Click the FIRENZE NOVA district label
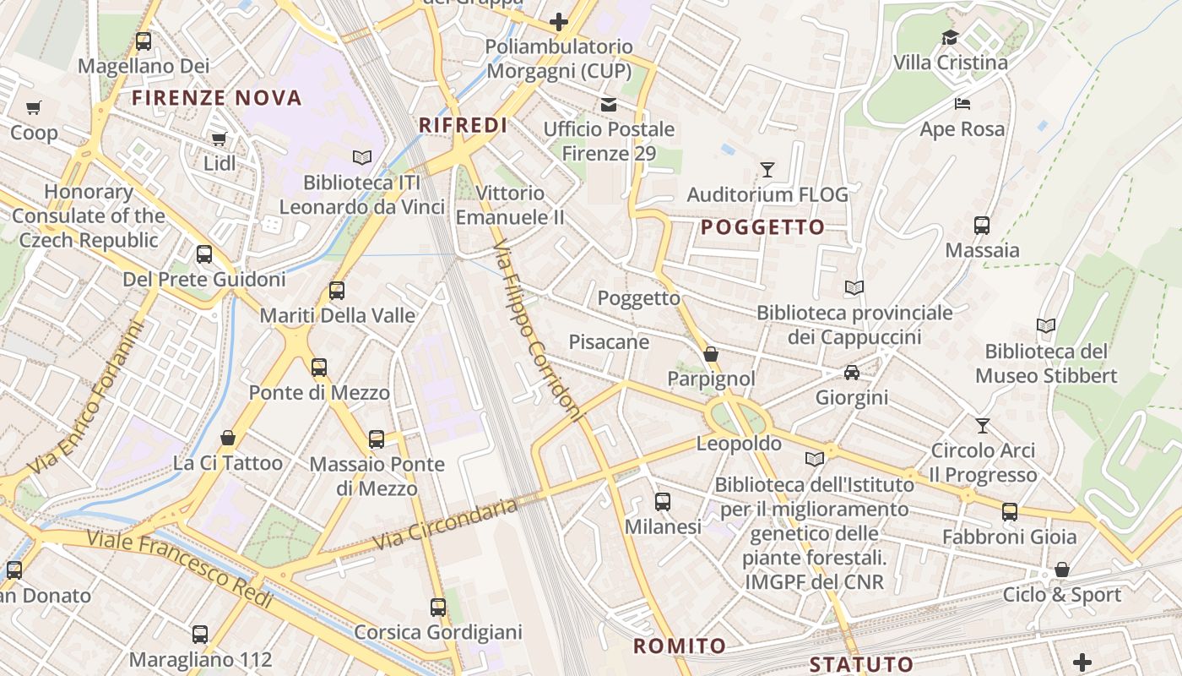(x=217, y=98)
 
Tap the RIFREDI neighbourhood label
(x=464, y=126)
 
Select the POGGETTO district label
(x=762, y=227)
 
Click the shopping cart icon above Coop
(x=33, y=107)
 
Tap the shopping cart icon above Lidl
(x=219, y=139)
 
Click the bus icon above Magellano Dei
(x=144, y=41)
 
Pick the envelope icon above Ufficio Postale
(x=608, y=105)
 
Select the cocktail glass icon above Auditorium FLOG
(x=767, y=170)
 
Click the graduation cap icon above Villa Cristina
(x=950, y=38)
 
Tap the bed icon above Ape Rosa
(x=962, y=104)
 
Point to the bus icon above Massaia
(x=982, y=226)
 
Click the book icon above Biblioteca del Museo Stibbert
(x=1046, y=326)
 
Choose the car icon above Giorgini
(x=851, y=373)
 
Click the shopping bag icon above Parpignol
(x=711, y=354)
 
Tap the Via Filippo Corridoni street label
(x=538, y=330)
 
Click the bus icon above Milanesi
(x=663, y=502)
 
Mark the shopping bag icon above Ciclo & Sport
(x=1062, y=570)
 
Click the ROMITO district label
(x=680, y=646)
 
